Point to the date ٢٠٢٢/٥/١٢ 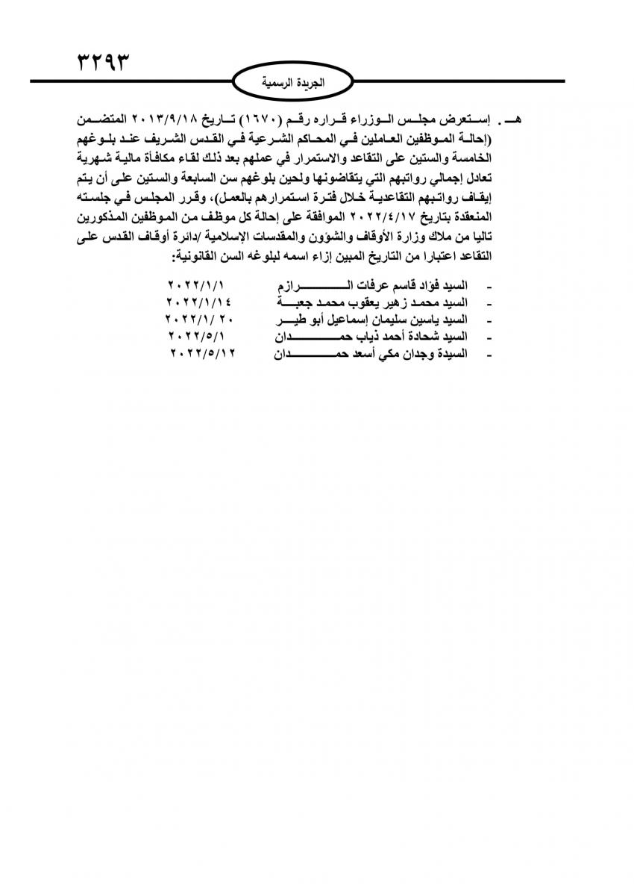click(x=204, y=353)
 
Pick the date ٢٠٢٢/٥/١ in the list click(x=199, y=337)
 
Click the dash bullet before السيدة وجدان click(x=489, y=354)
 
